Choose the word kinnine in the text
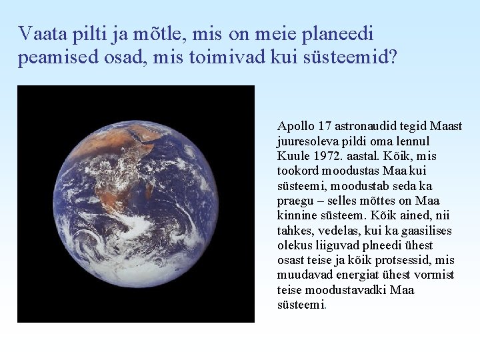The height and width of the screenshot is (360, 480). (296, 215)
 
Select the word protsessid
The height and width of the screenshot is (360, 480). (397, 260)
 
